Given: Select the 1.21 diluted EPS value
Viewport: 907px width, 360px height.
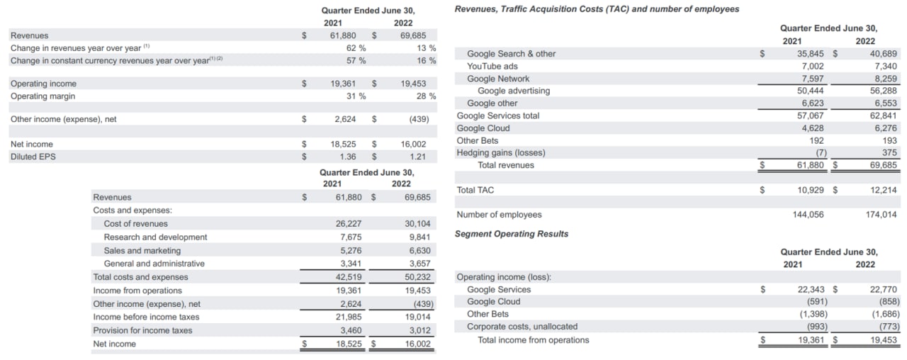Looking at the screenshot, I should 417,157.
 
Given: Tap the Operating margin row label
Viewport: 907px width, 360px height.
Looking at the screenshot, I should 43,96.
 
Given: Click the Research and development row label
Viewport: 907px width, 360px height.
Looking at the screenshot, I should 155,237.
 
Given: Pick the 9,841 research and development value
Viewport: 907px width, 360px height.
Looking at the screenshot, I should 419,237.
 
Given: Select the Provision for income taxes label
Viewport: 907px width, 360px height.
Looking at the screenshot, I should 142,331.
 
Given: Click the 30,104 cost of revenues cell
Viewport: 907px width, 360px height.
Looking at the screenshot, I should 417,224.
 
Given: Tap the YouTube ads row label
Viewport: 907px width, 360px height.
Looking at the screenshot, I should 492,67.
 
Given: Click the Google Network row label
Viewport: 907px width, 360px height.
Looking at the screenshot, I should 498,79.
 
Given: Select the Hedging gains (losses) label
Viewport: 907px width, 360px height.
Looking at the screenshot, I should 501,153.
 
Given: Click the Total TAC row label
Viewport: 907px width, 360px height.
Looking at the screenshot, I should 475,191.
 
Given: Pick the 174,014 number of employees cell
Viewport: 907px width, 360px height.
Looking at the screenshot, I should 881,215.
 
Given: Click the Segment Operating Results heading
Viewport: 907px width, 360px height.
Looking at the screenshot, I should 511,234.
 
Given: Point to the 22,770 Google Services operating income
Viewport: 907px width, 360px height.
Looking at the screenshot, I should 883,289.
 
